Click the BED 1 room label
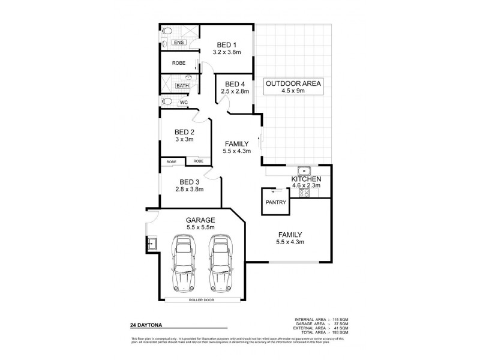227,44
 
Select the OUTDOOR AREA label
293,83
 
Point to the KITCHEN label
306,179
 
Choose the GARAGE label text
200,220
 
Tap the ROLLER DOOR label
202,299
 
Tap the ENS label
178,43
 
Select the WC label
184,102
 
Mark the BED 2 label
184,132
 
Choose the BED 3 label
189,181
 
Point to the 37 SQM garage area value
340,323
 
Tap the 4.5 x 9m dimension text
293,92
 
